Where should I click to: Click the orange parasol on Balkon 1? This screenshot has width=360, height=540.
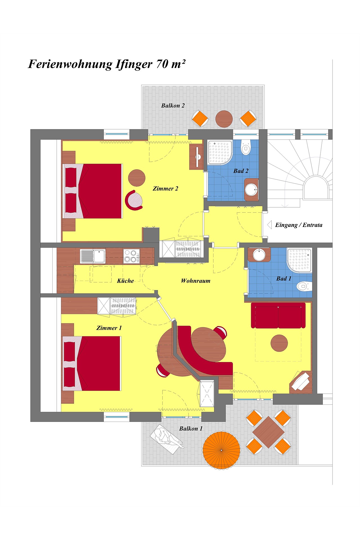222,450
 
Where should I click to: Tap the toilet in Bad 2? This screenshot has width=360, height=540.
246,147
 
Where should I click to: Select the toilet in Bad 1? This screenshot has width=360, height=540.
304,286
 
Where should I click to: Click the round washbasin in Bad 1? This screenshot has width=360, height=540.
259,255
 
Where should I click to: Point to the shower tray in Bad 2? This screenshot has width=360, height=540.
220,152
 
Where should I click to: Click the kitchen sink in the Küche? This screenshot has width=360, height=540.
93,256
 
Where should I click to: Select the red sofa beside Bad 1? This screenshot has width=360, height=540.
278,316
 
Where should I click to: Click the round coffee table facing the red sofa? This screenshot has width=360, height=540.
279,343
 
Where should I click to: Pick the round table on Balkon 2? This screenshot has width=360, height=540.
224,119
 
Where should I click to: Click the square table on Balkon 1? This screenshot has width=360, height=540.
268,432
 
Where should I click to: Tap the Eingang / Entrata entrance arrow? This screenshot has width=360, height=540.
269,225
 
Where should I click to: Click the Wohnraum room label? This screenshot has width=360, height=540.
196,281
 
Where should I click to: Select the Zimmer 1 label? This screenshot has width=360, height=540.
109,328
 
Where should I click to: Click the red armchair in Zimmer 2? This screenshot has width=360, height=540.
134,200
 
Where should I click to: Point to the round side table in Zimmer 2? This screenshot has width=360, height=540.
137,178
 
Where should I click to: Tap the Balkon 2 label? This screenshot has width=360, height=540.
173,106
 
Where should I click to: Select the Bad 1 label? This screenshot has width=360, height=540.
284,278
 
